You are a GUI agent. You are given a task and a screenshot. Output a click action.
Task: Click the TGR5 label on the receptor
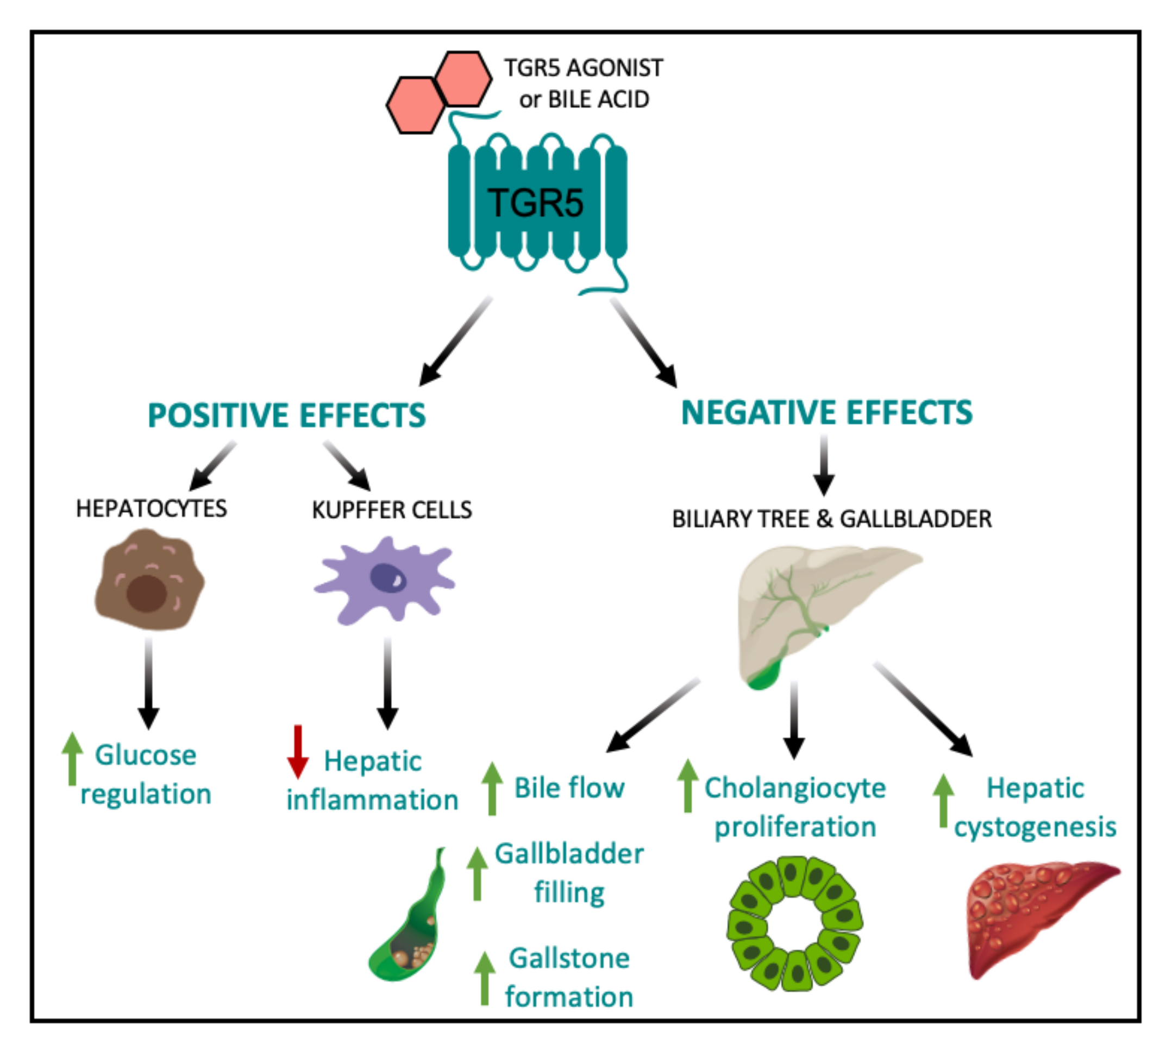535,203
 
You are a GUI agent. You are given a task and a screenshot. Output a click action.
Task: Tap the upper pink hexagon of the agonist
463,79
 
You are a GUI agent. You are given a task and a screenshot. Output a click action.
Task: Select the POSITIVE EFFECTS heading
286,415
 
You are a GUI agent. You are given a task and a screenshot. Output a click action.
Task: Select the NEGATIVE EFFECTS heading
826,412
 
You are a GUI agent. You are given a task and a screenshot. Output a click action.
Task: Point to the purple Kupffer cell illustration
384,581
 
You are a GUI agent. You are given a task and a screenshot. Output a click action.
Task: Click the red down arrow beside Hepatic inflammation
298,751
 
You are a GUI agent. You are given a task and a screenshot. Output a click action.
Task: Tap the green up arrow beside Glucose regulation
72,759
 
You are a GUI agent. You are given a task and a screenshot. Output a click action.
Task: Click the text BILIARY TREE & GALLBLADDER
831,519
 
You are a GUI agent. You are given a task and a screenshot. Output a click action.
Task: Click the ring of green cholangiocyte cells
795,924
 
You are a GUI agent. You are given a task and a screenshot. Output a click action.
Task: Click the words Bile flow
569,788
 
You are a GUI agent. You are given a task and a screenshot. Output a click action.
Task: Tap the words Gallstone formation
569,978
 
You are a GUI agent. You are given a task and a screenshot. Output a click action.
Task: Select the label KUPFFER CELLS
392,510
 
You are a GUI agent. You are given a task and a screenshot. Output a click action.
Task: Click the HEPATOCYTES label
152,509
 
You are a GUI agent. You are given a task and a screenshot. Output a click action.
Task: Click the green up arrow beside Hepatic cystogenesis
943,801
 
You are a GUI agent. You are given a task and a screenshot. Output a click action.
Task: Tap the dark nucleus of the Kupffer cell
387,578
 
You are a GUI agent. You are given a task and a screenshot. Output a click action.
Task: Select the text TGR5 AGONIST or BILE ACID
584,84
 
